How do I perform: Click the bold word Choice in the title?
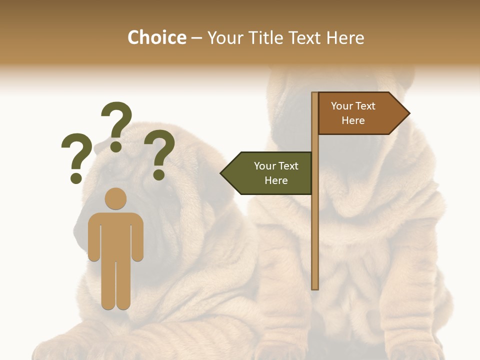point(156,37)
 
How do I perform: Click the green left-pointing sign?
point(270,173)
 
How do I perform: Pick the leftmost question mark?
point(76,152)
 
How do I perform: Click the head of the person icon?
point(115,198)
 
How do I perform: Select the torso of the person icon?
point(115,235)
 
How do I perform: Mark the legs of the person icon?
point(115,285)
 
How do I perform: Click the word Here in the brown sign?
point(353,120)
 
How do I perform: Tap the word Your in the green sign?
point(264,166)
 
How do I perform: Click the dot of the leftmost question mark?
point(76,177)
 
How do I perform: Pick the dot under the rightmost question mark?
point(159,174)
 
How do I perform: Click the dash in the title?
point(197,38)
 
